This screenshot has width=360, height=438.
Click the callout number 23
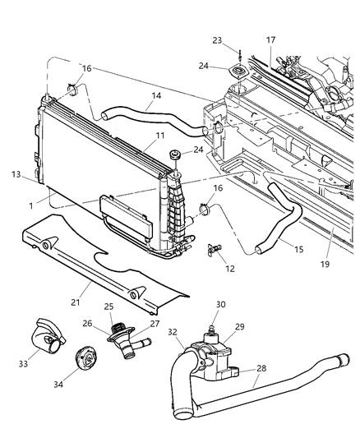pyautogui.click(x=217, y=39)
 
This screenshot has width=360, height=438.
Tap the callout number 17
pyautogui.click(x=271, y=39)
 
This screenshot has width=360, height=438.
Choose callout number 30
pyautogui.click(x=244, y=304)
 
